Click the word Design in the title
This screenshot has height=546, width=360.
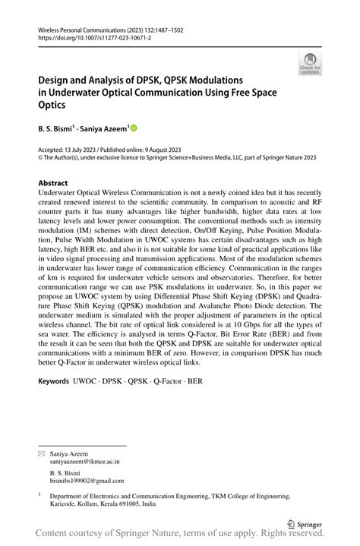click(55, 79)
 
